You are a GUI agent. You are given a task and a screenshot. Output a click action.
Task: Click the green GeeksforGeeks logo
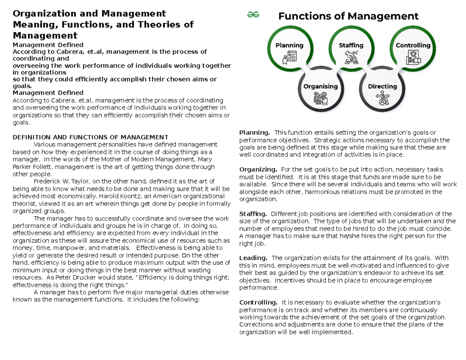253,15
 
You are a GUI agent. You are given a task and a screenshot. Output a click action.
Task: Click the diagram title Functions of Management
348,16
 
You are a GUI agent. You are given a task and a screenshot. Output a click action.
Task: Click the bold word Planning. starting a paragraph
254,133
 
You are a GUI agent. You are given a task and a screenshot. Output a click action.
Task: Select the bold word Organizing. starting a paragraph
258,170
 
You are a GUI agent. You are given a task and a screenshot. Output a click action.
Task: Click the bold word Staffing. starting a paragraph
253,214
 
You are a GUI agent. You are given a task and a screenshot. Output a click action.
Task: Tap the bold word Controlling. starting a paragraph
258,302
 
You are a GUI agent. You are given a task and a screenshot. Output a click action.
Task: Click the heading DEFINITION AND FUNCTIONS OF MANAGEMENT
90,137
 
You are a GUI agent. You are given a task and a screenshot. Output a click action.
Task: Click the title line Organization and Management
89,14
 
